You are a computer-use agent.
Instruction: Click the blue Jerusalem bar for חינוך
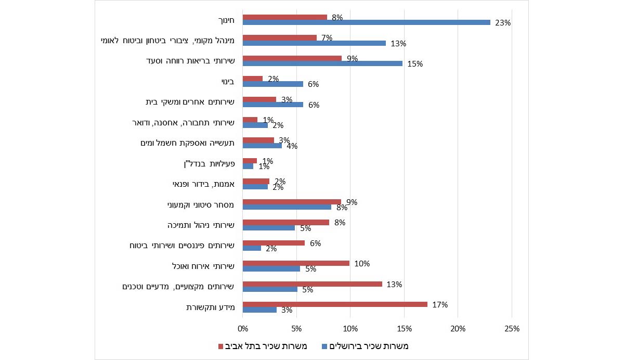click(x=366, y=22)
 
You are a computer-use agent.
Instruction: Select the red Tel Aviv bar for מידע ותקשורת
click(x=335, y=304)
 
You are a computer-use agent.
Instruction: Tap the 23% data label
click(x=504, y=23)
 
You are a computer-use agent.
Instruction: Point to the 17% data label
click(x=440, y=305)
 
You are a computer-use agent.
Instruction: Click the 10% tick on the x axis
click(x=350, y=328)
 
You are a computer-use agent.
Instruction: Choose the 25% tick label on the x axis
click(x=511, y=328)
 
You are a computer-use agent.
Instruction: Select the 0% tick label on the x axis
click(x=243, y=328)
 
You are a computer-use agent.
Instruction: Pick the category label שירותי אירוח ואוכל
click(x=203, y=266)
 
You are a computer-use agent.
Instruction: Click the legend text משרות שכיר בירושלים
click(x=370, y=346)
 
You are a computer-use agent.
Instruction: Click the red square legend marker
click(x=220, y=346)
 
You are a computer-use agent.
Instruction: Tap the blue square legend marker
click(x=325, y=346)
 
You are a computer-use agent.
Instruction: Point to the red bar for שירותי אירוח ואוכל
click(x=296, y=263)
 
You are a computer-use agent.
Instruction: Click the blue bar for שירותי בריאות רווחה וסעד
click(x=322, y=63)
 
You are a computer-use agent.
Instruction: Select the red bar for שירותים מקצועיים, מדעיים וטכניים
click(x=312, y=284)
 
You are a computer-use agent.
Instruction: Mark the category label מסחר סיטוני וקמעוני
click(x=201, y=205)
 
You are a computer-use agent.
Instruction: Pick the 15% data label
click(x=415, y=64)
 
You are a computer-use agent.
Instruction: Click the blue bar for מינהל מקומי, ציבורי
click(x=314, y=43)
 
